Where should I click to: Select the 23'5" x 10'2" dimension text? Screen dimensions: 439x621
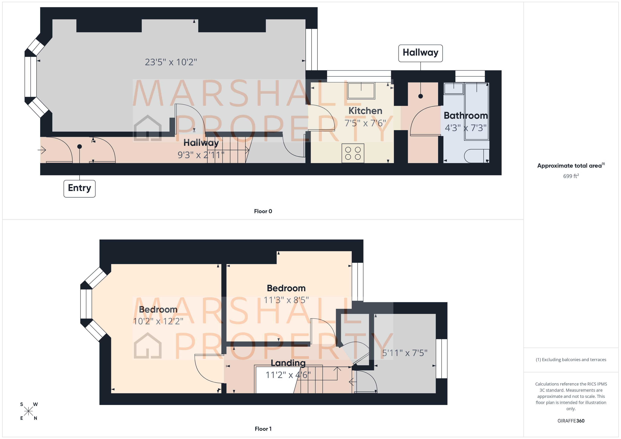coord(171,62)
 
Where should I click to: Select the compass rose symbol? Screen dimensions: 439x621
coord(28,411)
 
